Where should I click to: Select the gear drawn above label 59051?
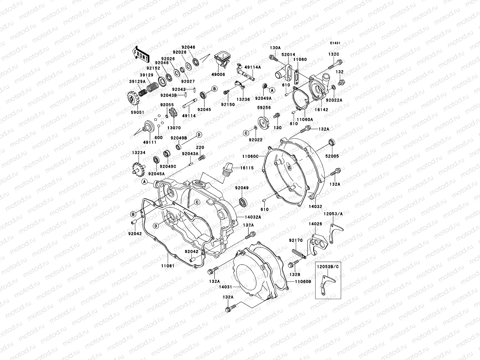[132, 99]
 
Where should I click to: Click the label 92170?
[295, 240]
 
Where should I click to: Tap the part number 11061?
[167, 266]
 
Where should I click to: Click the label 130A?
[275, 48]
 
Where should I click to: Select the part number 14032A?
[253, 217]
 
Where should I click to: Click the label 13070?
[174, 128]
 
